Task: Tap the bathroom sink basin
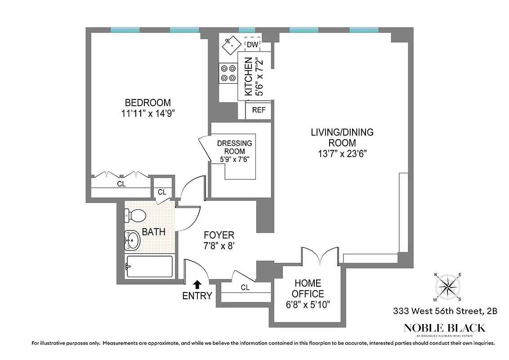coord(132,240)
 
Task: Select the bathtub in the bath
coord(149,266)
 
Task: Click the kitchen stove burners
coord(228,73)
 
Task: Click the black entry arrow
coord(197,284)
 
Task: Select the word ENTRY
coord(197,296)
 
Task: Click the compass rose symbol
coord(447,287)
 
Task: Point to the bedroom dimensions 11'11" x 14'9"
coord(148,113)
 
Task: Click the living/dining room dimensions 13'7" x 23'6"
coord(342,153)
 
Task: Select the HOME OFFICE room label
coord(308,288)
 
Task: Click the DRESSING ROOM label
coord(234,147)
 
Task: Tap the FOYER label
coord(219,235)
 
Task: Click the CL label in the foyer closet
coord(245,288)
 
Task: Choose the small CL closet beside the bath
coord(162,192)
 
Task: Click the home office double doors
coord(319,256)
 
